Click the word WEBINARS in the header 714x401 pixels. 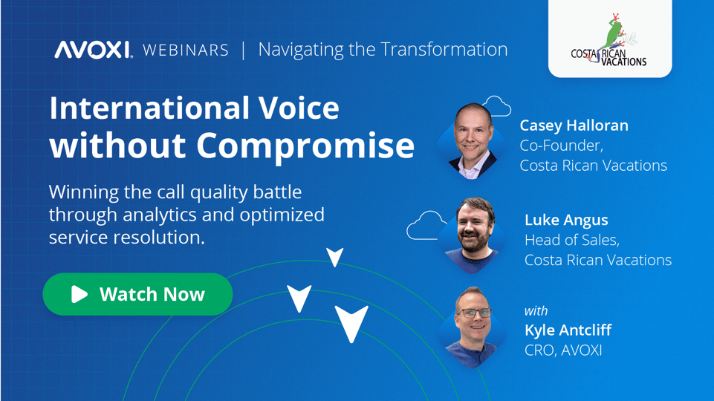(185, 50)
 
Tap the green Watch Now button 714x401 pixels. (137, 294)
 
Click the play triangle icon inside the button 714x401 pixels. (79, 295)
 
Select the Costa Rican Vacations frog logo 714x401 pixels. (609, 41)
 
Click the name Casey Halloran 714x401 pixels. (574, 125)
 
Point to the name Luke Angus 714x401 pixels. (566, 220)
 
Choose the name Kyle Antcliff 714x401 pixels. (568, 330)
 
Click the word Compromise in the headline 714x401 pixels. (314, 146)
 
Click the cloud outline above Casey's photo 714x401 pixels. (496, 105)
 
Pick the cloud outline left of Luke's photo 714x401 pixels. (426, 226)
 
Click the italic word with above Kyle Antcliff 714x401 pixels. (536, 310)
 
